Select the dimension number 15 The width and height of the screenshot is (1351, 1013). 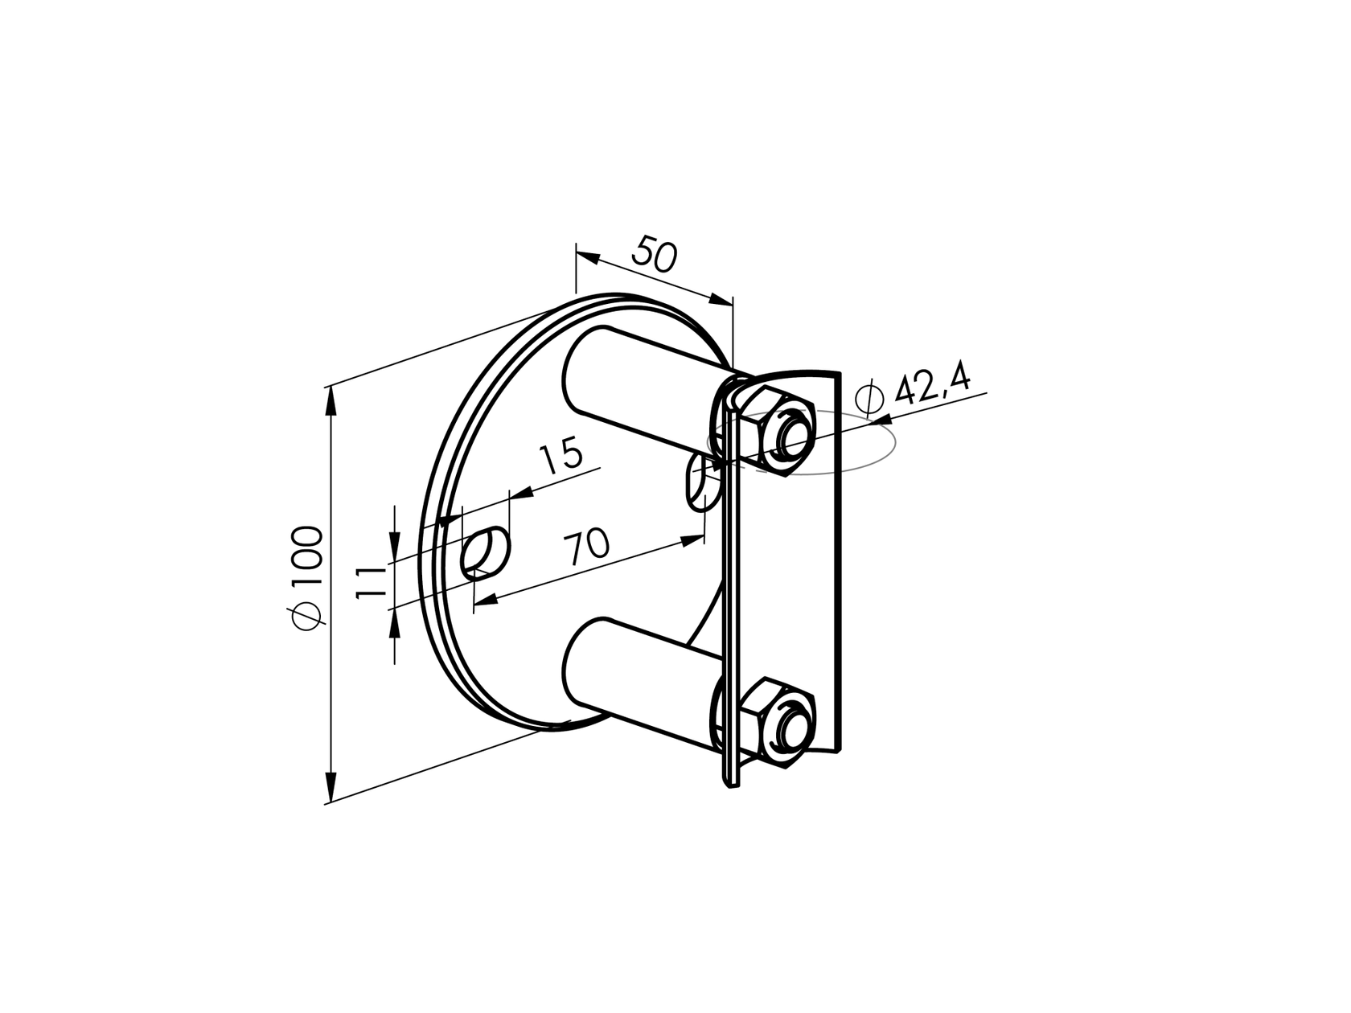pyautogui.click(x=561, y=457)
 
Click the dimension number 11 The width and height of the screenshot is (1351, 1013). pyautogui.click(x=372, y=580)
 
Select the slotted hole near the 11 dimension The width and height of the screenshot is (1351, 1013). pyautogui.click(x=486, y=552)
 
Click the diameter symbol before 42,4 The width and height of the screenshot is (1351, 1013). pyautogui.click(x=870, y=398)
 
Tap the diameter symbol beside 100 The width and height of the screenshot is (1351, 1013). pyautogui.click(x=309, y=616)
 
